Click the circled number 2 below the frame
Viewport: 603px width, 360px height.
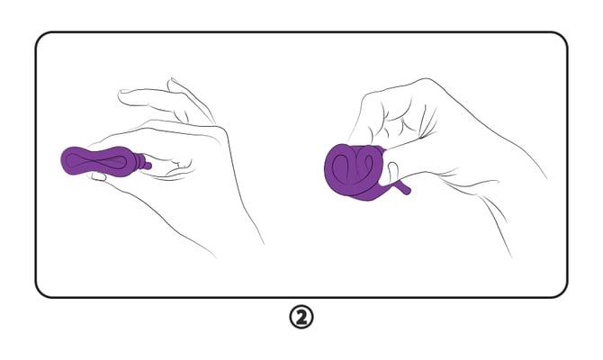(301, 317)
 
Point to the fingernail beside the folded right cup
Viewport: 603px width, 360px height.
(392, 169)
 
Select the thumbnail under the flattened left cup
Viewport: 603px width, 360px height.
(98, 176)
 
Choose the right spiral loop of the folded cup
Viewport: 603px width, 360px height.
(365, 161)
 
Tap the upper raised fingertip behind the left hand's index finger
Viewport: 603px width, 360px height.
(172, 83)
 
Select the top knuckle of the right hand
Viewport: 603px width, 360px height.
(425, 82)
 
